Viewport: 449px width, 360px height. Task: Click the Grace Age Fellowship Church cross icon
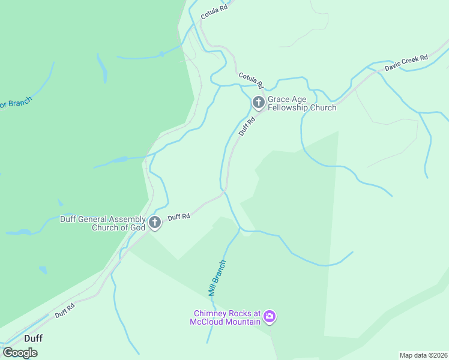tap(259, 103)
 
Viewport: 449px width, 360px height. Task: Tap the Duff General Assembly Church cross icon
tap(155, 223)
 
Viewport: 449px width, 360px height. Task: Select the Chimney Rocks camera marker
tap(270, 316)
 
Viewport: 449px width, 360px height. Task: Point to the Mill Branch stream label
tap(216, 278)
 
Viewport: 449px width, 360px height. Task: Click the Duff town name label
tap(33, 338)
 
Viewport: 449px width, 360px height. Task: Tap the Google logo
tap(20, 353)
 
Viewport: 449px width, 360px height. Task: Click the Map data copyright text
tap(423, 355)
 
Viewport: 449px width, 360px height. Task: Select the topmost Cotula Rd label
tap(214, 10)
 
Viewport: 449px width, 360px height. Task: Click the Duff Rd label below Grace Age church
tap(247, 126)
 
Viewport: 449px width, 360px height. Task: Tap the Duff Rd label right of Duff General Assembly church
tap(179, 217)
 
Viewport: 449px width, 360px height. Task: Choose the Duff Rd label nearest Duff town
tap(64, 310)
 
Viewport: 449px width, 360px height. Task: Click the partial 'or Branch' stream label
tap(16, 103)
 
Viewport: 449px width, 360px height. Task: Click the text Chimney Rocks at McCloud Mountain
tap(226, 317)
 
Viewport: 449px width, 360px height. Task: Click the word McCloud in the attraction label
tap(210, 322)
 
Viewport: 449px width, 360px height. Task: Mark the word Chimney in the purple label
tap(211, 313)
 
